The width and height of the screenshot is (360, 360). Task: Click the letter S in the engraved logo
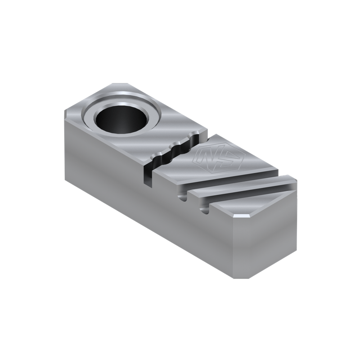click(218, 157)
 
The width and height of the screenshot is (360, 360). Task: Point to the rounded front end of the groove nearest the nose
click(207, 209)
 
